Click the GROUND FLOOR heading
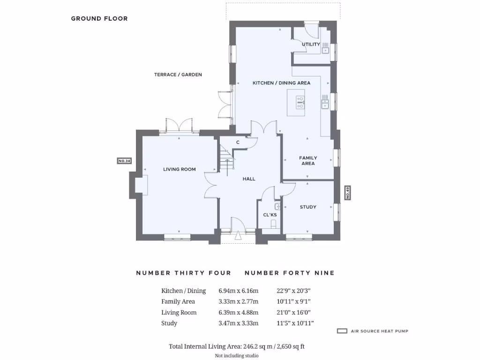point(99,19)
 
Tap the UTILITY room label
point(311,45)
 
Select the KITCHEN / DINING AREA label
point(281,83)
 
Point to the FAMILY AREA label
point(308,161)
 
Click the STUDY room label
point(308,207)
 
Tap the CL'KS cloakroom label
point(270,215)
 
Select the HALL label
point(249,179)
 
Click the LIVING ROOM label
point(180,169)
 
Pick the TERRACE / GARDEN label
point(178,75)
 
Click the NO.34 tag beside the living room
point(124,161)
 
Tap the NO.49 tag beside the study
point(347,193)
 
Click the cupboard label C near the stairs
point(238,142)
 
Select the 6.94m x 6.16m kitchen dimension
point(239,291)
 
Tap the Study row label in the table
point(169,323)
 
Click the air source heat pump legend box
point(342,331)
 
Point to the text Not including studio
point(237,355)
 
